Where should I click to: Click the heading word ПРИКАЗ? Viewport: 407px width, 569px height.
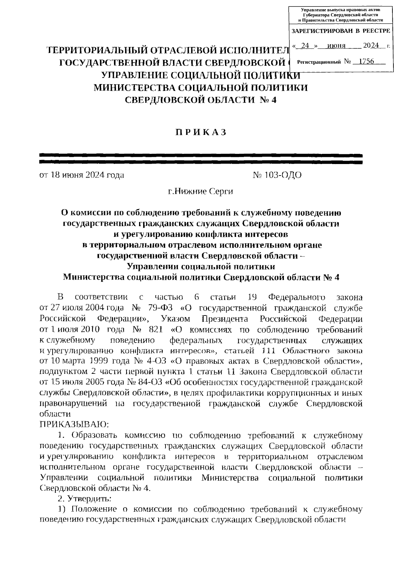tap(201, 133)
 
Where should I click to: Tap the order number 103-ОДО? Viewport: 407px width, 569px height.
tap(277, 175)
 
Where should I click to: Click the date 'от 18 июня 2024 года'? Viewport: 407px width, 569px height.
tap(82, 175)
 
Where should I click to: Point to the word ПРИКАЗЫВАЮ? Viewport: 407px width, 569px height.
tap(74, 424)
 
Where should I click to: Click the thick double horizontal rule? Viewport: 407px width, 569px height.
tap(201, 159)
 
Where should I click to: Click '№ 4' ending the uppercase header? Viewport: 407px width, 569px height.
tap(267, 100)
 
